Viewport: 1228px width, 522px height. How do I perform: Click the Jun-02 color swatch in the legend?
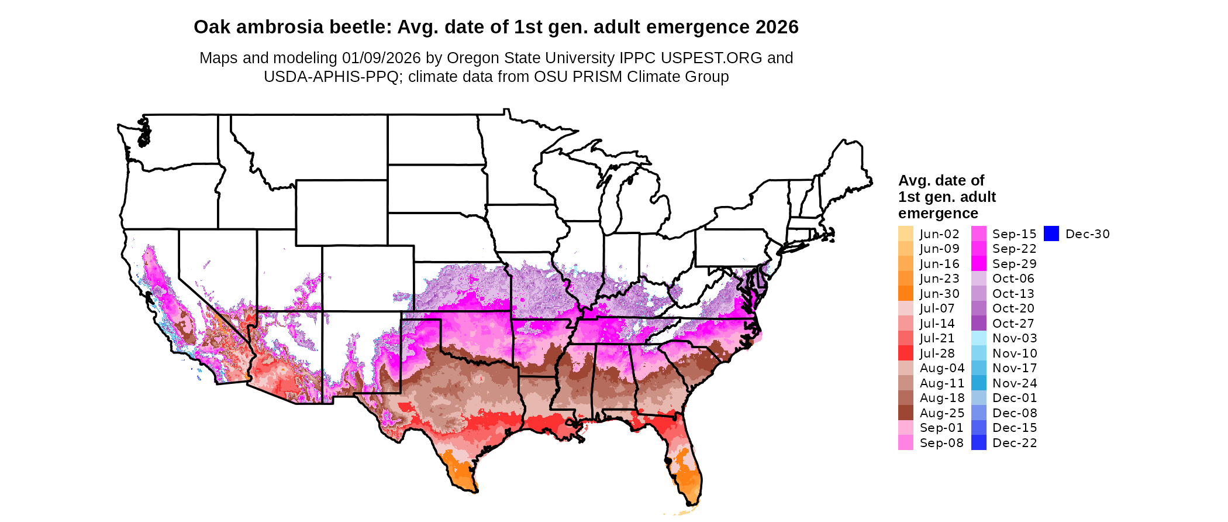[x=905, y=234]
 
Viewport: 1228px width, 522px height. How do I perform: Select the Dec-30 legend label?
[x=1087, y=234]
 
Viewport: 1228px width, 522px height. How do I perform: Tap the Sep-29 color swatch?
[x=979, y=264]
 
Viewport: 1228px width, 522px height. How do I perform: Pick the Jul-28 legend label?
[x=937, y=353]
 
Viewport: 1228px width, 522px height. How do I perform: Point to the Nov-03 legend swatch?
[x=979, y=338]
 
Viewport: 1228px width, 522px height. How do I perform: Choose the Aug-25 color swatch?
[x=905, y=413]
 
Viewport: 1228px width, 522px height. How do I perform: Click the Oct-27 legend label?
[x=1013, y=324]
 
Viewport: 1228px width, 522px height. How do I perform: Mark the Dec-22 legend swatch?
[x=979, y=443]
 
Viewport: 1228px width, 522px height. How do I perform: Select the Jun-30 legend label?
[x=939, y=294]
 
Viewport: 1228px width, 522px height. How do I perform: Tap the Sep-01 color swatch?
[x=905, y=428]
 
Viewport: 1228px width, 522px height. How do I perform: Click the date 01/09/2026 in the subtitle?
[x=381, y=58]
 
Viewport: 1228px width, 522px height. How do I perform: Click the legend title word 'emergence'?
[x=938, y=213]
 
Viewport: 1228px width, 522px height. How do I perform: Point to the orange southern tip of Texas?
[x=459, y=471]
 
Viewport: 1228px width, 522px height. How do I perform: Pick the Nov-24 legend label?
[x=1015, y=383]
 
